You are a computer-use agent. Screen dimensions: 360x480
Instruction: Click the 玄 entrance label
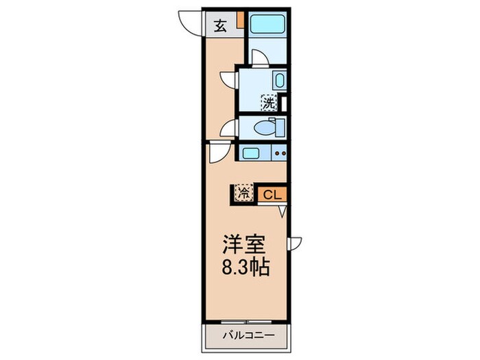tap(220, 26)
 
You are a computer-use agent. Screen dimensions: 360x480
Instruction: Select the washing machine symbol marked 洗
tap(269, 104)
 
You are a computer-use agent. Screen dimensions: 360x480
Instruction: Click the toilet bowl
tap(265, 127)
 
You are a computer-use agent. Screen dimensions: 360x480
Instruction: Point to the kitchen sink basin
tap(250, 153)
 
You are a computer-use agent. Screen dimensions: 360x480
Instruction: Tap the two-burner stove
tap(278, 153)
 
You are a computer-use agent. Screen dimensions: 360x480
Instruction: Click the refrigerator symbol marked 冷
tap(243, 194)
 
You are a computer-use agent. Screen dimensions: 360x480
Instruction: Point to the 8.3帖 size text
tap(244, 266)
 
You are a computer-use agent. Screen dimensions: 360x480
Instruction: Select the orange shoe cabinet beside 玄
tap(240, 20)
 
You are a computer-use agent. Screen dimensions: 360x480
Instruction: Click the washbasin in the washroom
tap(278, 80)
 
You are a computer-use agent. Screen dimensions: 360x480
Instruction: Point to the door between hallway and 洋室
tap(217, 152)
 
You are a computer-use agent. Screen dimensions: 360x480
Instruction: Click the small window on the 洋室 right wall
tap(294, 242)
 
